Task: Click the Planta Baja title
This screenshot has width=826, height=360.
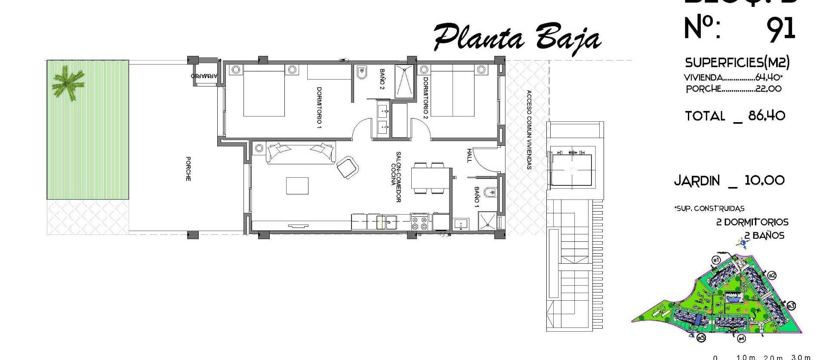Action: pyautogui.click(x=516, y=38)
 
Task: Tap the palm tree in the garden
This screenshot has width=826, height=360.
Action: pyautogui.click(x=68, y=83)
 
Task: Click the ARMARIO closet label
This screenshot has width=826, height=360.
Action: pyautogui.click(x=204, y=76)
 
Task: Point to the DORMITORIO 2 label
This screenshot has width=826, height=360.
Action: pyautogui.click(x=425, y=98)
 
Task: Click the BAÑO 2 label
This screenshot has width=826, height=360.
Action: pyautogui.click(x=382, y=79)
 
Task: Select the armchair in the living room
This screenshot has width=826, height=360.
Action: pyautogui.click(x=348, y=167)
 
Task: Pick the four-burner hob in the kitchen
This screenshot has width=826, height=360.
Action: pyautogui.click(x=419, y=223)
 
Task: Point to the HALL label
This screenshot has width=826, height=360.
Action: pyautogui.click(x=469, y=155)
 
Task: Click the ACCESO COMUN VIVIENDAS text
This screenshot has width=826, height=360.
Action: pyautogui.click(x=529, y=130)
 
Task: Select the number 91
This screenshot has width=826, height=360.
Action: pyautogui.click(x=781, y=29)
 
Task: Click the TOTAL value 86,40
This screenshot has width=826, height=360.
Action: pyautogui.click(x=767, y=115)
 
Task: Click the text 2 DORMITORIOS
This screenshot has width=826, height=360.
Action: pyautogui.click(x=752, y=222)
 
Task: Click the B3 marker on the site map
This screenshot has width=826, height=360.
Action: pyautogui.click(x=791, y=306)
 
